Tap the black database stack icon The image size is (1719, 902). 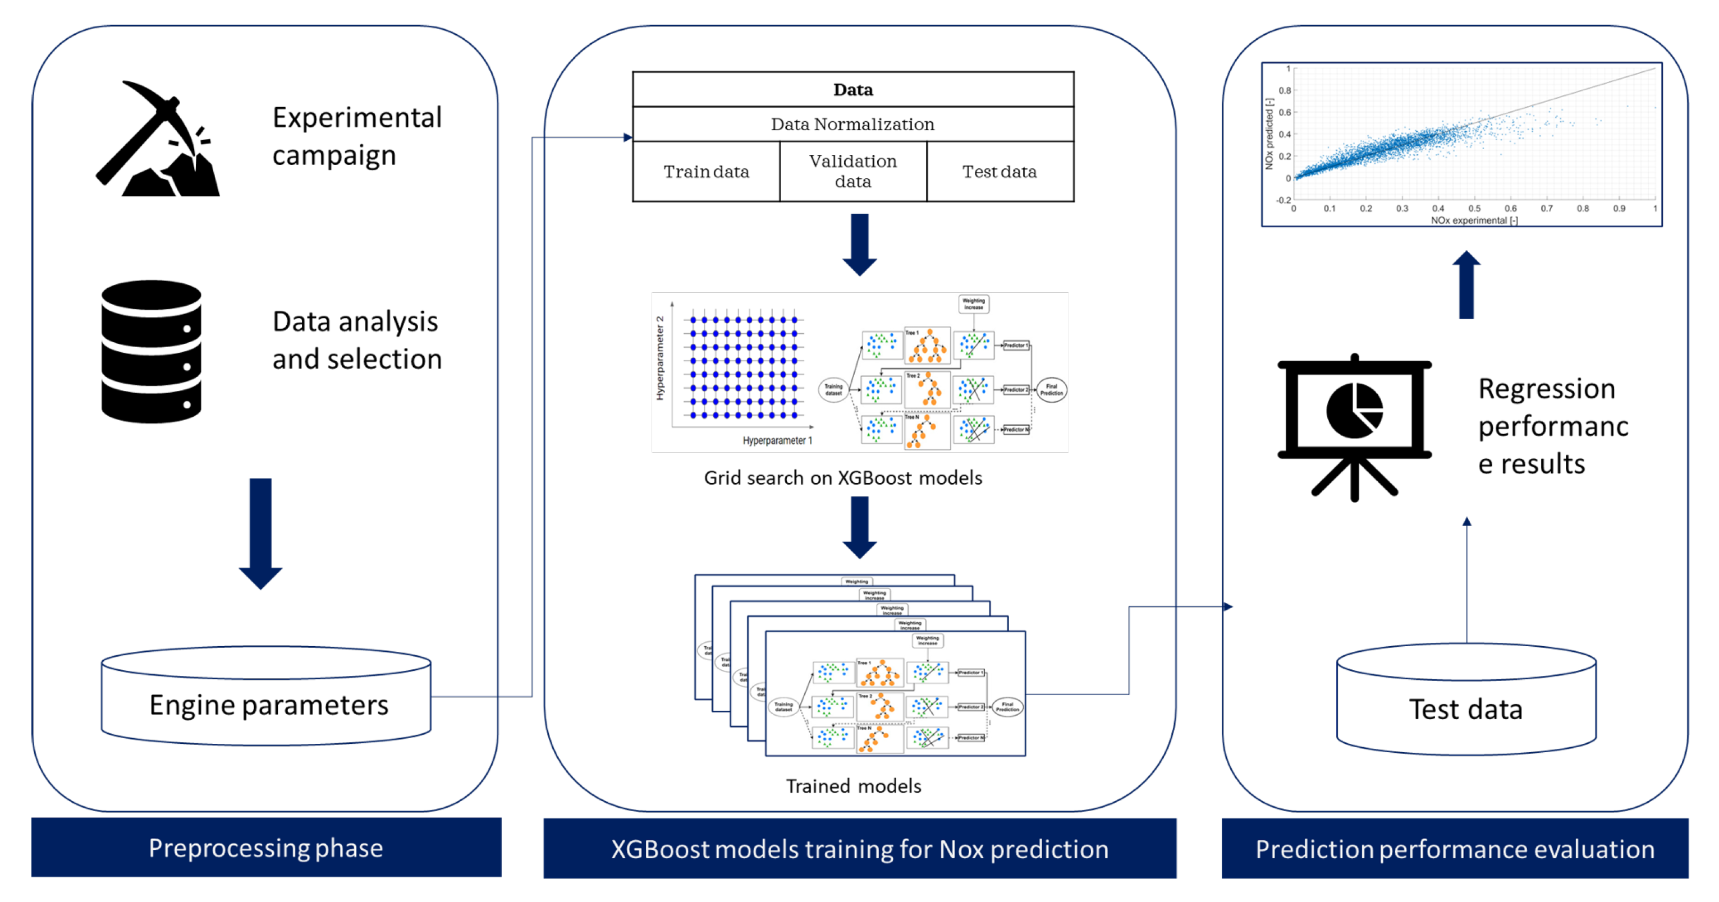[x=152, y=352]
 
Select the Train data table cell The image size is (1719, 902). [x=706, y=172]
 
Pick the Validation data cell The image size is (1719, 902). [x=853, y=172]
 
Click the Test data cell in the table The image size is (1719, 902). [x=999, y=172]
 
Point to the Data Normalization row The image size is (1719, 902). [x=853, y=124]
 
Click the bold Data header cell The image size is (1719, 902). [x=853, y=89]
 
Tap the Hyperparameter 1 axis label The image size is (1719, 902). [x=777, y=440]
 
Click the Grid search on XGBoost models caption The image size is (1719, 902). [x=843, y=478]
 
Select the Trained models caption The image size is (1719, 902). [x=853, y=786]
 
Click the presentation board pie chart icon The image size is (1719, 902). [x=1355, y=427]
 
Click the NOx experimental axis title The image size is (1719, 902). [x=1474, y=220]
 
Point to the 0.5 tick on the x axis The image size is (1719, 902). [x=1474, y=208]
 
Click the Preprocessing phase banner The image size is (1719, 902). [x=266, y=847]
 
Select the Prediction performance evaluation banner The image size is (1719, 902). [x=1455, y=849]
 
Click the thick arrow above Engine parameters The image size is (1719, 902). [x=260, y=532]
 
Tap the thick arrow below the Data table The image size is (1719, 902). [x=860, y=244]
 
